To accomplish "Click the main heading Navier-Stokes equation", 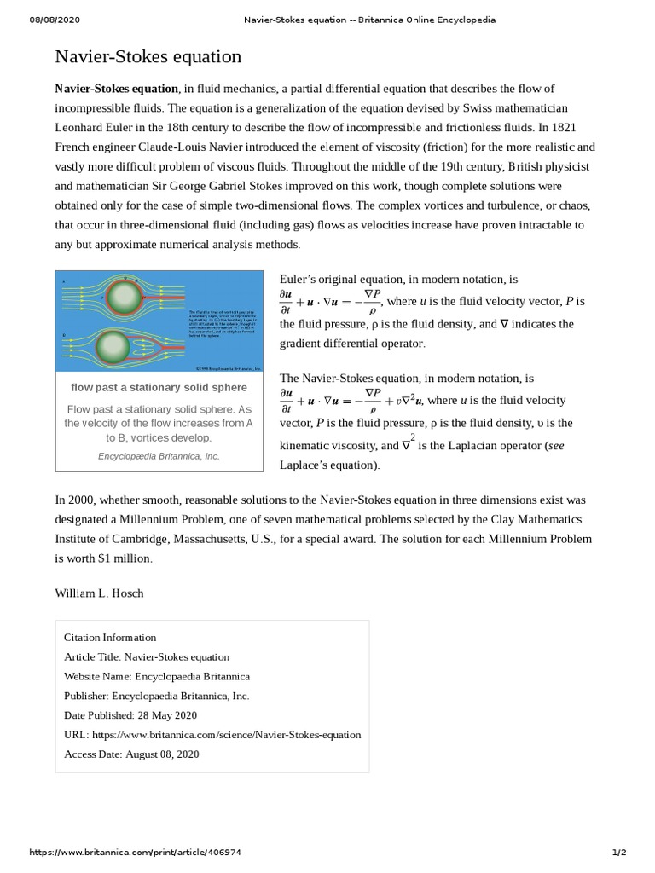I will [148, 57].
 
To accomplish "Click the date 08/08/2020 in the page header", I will [55, 20].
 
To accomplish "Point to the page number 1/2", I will [620, 852].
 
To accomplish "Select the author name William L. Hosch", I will [100, 593].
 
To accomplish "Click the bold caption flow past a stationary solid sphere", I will [159, 388].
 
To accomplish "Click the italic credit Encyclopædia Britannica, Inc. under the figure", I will [159, 456].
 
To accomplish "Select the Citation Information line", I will [110, 637].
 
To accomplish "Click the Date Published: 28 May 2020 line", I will [130, 714].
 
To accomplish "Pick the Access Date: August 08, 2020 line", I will [125, 754].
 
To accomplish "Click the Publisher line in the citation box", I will [156, 695].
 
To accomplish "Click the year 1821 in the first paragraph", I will [582, 127].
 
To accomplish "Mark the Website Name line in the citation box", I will [157, 676].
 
